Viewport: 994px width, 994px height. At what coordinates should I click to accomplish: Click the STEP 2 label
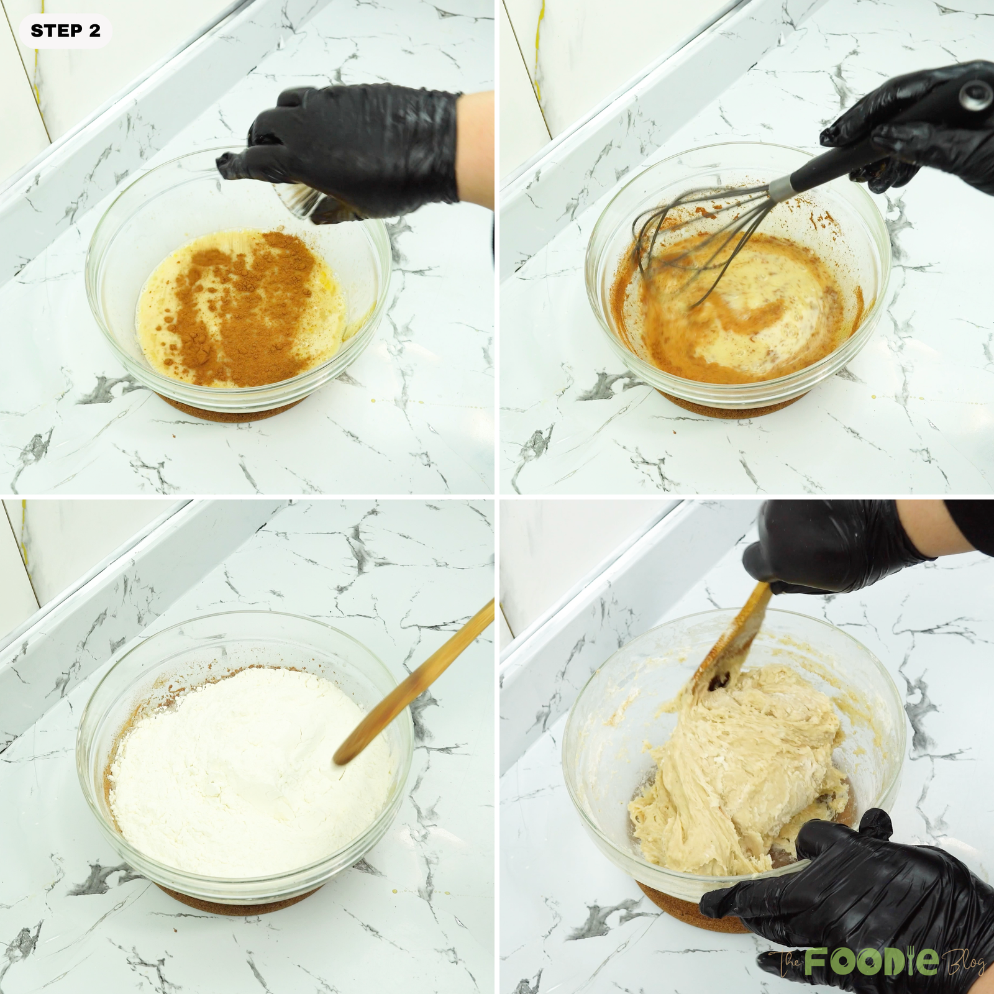pyautogui.click(x=65, y=30)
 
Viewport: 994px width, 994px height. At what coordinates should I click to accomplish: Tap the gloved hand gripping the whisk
pyautogui.click(x=919, y=124)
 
